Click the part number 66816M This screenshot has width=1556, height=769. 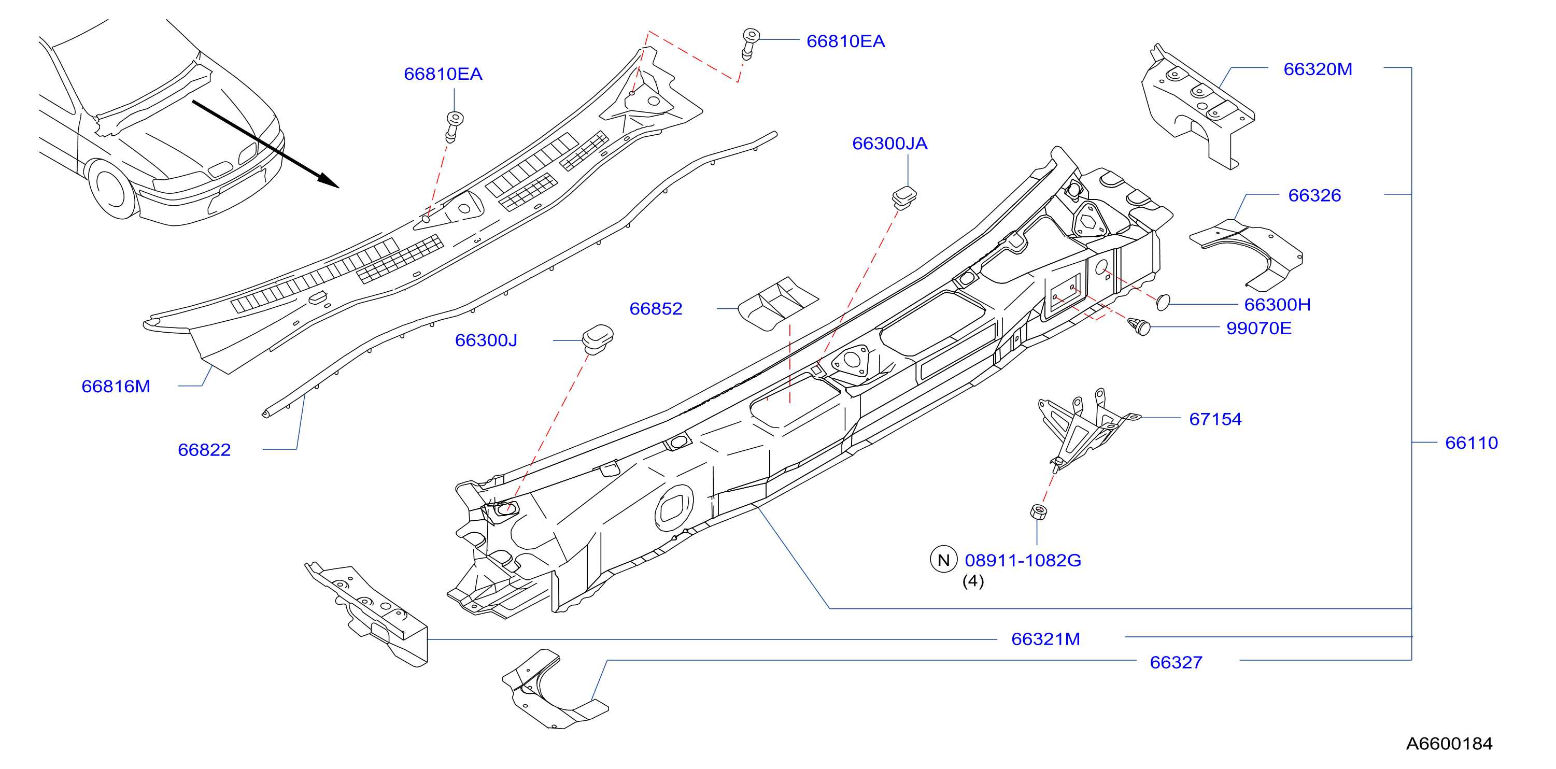(116, 387)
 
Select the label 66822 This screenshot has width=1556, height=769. (204, 450)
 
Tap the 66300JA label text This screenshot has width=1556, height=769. (890, 144)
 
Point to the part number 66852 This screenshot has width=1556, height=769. (656, 309)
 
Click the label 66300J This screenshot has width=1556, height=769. (486, 340)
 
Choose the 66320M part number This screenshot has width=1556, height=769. (1318, 69)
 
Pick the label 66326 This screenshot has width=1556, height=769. (1315, 196)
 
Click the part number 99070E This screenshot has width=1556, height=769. (1260, 329)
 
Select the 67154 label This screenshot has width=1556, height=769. (1216, 419)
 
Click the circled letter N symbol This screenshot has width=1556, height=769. (943, 560)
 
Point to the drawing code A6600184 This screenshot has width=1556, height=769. (1450, 744)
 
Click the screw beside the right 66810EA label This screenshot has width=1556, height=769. (749, 44)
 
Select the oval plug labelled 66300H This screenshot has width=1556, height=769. (1163, 302)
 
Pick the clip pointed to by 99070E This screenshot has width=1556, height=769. (1139, 326)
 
